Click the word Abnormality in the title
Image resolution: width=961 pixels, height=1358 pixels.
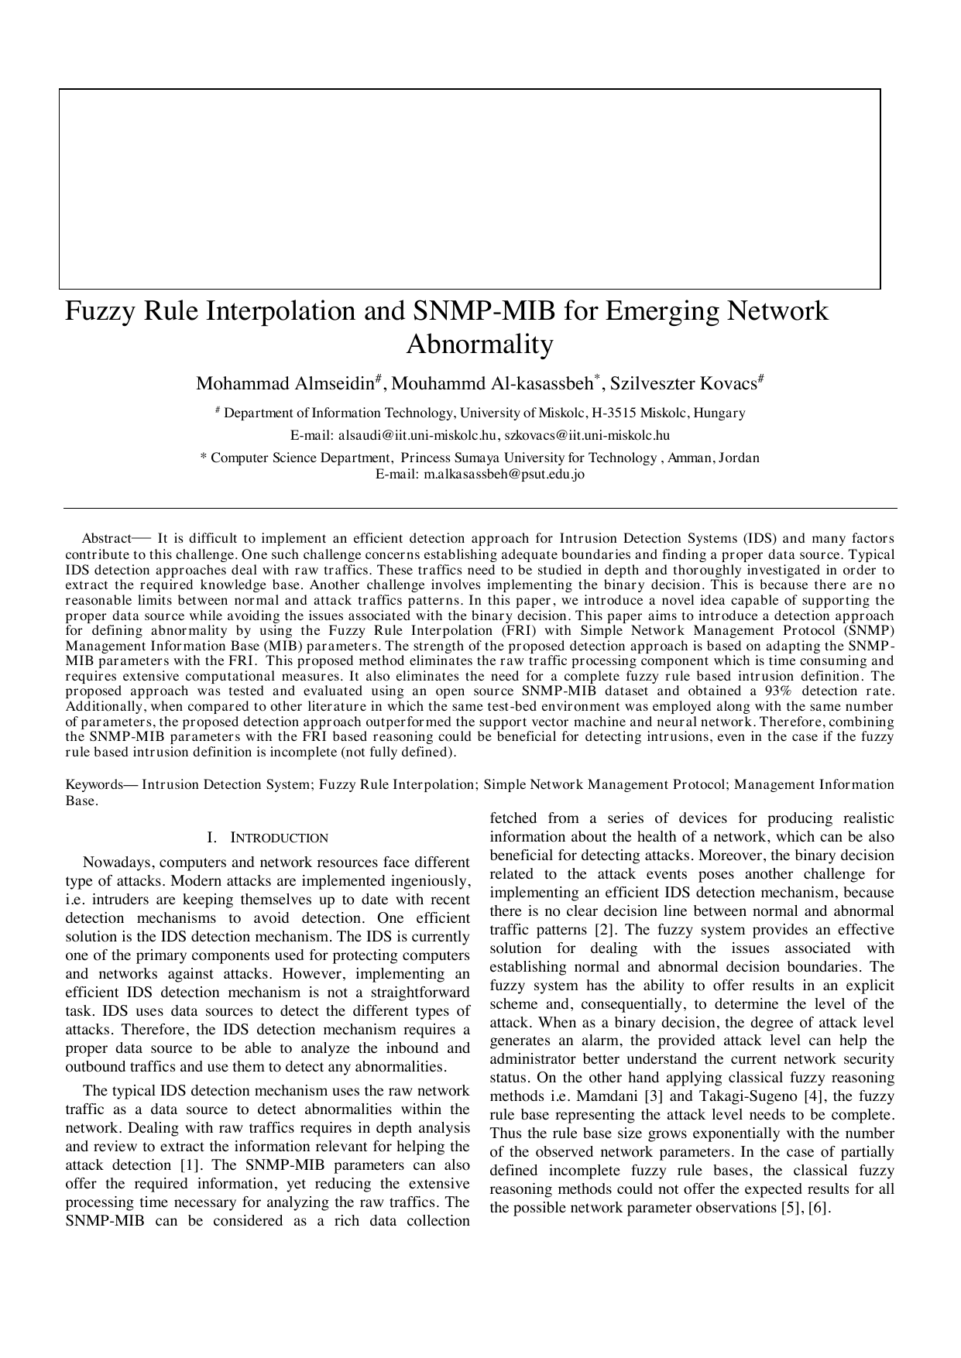tap(480, 344)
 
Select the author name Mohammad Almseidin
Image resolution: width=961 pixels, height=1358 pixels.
tap(284, 384)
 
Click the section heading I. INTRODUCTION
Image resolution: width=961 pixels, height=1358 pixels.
tap(268, 838)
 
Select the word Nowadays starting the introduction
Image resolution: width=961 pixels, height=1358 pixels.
tap(118, 862)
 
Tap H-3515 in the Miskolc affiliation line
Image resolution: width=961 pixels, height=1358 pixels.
tap(614, 413)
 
